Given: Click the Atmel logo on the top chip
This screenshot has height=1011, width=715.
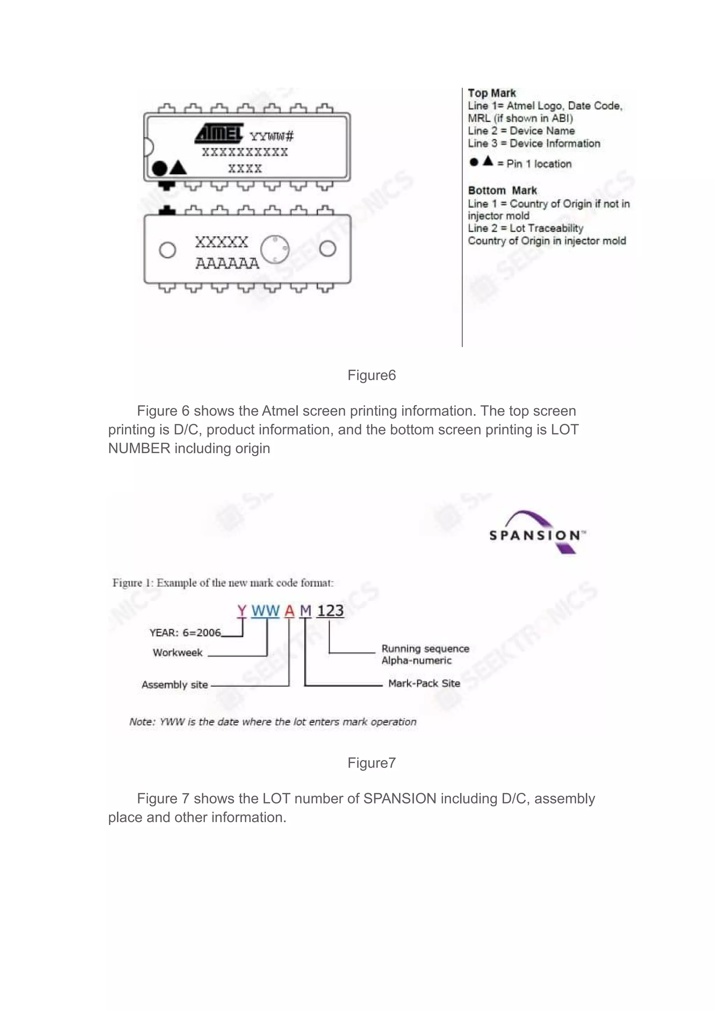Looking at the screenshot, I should (x=219, y=133).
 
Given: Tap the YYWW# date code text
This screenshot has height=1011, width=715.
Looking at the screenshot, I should (x=271, y=136).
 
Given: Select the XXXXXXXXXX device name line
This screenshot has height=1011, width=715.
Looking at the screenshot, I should (x=245, y=152).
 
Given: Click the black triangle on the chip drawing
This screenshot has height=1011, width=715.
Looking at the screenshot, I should (x=178, y=167).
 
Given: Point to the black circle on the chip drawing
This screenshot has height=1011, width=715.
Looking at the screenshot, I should (x=160, y=168).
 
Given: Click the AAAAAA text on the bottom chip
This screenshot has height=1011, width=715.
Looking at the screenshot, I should (x=227, y=263).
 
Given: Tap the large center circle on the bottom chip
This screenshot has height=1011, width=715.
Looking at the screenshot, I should (x=275, y=249).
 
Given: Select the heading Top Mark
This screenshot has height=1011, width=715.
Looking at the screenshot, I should (x=492, y=93).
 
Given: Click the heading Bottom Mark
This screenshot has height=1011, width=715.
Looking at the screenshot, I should (x=502, y=191).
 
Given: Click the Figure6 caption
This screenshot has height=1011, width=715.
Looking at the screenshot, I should (x=371, y=375).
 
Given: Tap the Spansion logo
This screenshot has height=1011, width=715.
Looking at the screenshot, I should (x=538, y=533).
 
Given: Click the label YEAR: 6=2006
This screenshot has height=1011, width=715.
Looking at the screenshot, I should (x=185, y=633).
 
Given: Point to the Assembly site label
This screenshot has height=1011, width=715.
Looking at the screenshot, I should (x=175, y=685).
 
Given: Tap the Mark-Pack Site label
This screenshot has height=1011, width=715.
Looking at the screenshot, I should (x=424, y=684).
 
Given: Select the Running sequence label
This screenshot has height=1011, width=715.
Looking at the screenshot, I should (x=425, y=649).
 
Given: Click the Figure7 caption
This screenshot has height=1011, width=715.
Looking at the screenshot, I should (x=371, y=763).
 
